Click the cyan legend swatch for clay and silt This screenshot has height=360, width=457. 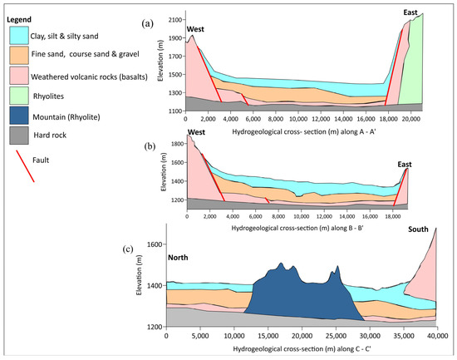[x=22, y=36]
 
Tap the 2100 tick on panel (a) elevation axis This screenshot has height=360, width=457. [x=173, y=19]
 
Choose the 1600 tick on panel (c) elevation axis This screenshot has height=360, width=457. [x=154, y=244]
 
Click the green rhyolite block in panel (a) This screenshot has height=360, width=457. [x=413, y=67]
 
